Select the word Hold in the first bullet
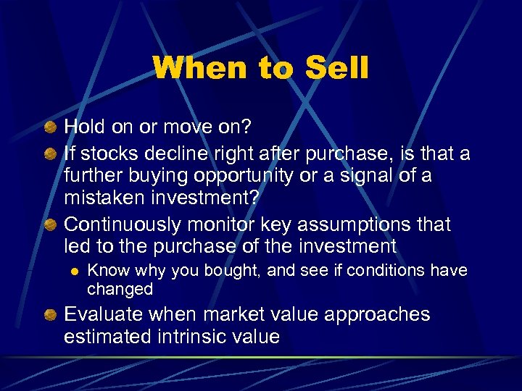click(86, 127)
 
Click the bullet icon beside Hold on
click(49, 129)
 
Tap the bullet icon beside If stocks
click(49, 155)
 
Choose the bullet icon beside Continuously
click(49, 225)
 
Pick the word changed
click(120, 289)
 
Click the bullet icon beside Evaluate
click(49, 315)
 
